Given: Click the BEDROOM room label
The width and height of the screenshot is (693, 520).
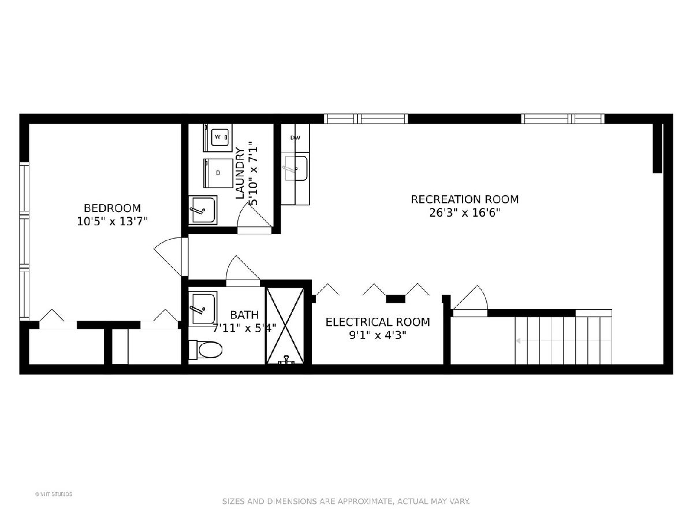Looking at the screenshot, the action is click(112, 208).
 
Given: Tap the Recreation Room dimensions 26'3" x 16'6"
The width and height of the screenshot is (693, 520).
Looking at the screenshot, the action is click(465, 213).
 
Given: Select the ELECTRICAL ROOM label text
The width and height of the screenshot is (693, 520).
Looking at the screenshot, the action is click(378, 322).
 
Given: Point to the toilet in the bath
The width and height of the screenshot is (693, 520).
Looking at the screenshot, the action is click(205, 350).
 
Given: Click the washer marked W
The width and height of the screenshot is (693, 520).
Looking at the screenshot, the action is click(218, 138).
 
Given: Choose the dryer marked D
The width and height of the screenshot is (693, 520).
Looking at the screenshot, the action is click(218, 173).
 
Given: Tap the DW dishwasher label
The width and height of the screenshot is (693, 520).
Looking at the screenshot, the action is click(295, 138).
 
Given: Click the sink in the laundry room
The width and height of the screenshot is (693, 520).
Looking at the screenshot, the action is click(202, 210).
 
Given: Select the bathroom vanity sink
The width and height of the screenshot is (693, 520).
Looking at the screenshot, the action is click(202, 309).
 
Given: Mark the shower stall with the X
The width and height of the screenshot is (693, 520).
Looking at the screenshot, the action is click(285, 325).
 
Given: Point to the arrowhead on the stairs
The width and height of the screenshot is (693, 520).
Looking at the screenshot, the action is click(518, 341).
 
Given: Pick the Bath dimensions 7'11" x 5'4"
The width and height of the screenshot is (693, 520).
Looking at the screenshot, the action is click(244, 328).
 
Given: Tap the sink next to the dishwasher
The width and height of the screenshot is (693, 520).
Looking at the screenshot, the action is click(295, 168).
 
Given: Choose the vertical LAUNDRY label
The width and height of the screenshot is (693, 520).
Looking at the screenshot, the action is click(240, 173).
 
